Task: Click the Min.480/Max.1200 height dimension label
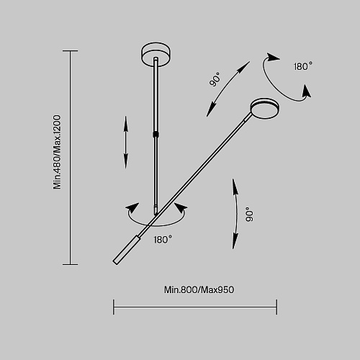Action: point(57,152)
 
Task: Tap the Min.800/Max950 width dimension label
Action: point(199,289)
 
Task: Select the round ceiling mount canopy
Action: point(156,54)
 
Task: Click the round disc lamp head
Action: point(265,109)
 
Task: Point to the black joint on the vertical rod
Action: point(156,134)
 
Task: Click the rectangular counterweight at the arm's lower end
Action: point(126,250)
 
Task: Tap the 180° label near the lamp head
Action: point(303,66)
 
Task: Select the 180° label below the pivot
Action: point(163,240)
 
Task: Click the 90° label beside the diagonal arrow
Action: point(215,79)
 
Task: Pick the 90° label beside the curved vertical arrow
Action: point(249,214)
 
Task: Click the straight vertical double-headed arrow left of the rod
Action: point(125,143)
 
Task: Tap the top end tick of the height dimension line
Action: point(70,50)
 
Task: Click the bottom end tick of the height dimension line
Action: point(70,265)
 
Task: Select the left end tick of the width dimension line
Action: point(114,307)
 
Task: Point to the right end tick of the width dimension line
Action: point(276,307)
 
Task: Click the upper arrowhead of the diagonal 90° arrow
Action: point(243,66)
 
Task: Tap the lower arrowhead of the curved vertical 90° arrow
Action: point(235,240)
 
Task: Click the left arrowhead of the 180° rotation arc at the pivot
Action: point(132,208)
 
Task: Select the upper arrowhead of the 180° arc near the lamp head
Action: point(272,58)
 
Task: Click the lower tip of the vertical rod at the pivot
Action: point(156,215)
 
